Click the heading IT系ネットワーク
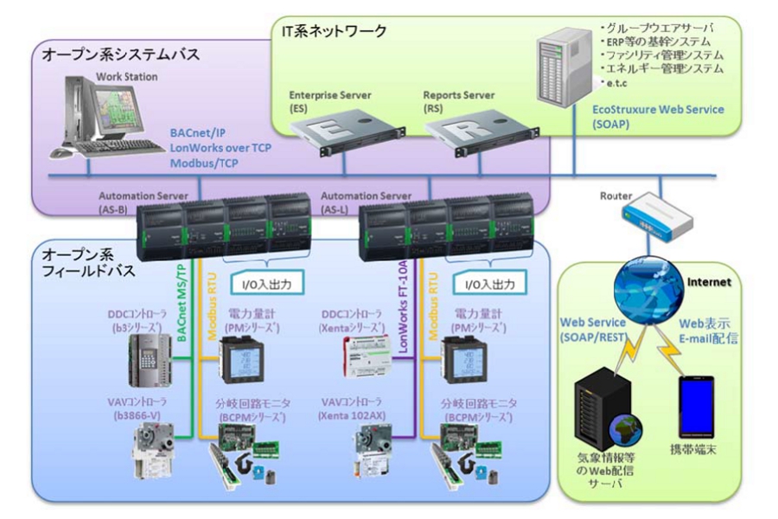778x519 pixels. coord(334,31)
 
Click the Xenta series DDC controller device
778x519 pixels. coord(367,354)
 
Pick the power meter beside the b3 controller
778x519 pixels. coord(243,356)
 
